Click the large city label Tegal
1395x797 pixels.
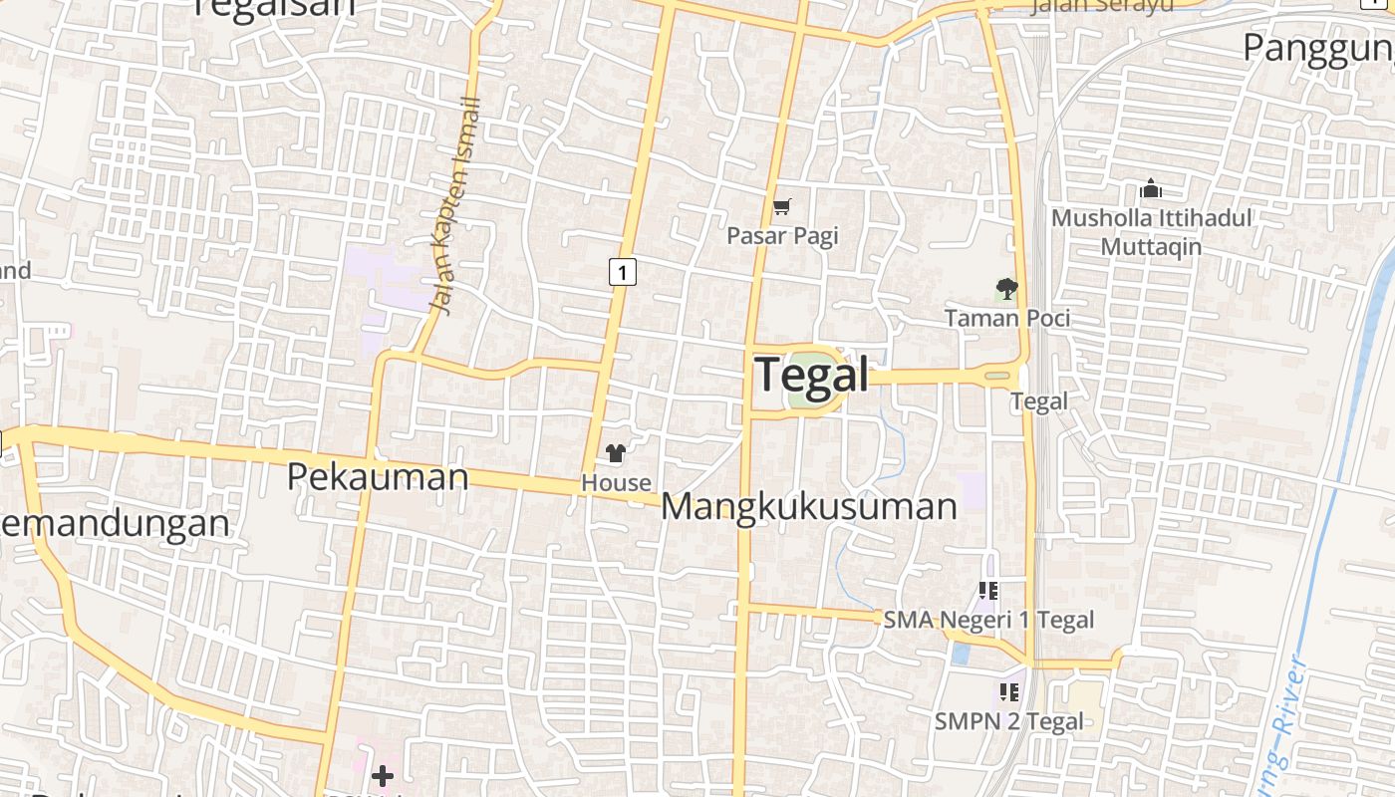point(812,376)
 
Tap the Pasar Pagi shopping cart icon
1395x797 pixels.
point(782,207)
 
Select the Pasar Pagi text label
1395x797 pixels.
point(782,236)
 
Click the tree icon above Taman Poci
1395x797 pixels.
point(1007,290)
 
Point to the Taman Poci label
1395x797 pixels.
point(1007,318)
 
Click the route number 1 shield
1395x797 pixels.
point(623,271)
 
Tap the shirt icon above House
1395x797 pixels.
point(616,453)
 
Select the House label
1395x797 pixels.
point(616,482)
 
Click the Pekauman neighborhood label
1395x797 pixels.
point(378,477)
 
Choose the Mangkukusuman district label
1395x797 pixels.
point(809,506)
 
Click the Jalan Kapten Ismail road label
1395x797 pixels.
point(456,205)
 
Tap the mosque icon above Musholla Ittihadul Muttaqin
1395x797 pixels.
point(1151,188)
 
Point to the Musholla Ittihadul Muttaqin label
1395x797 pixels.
point(1152,232)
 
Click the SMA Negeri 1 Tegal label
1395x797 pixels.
point(988,620)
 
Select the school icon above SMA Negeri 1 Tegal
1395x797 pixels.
point(988,591)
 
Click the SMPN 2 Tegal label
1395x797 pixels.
point(1008,721)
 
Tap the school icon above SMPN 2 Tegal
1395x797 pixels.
point(1008,691)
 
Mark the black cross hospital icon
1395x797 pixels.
point(382,776)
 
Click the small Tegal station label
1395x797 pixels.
point(1039,401)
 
